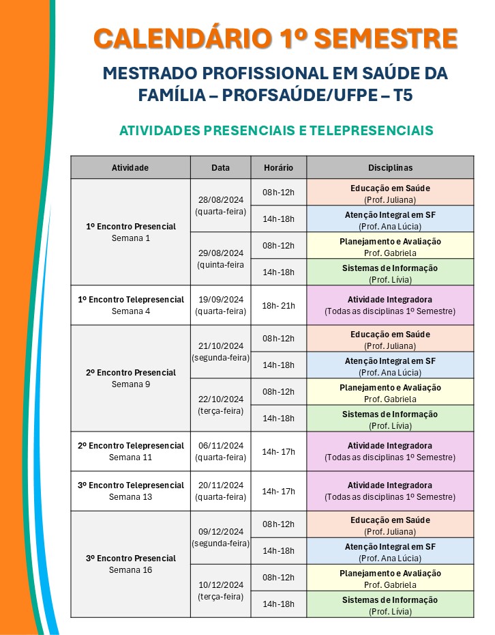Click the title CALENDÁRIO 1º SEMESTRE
(x=275, y=38)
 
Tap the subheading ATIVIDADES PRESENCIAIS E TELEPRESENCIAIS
(x=276, y=130)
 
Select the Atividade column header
(x=130, y=167)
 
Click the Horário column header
(x=278, y=167)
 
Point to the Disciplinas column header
(x=390, y=167)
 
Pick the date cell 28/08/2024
(x=221, y=206)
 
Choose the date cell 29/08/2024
(x=221, y=258)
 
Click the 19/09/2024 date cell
(x=221, y=305)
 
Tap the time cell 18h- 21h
(x=278, y=305)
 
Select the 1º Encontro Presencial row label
(x=131, y=232)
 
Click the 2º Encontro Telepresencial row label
(x=131, y=451)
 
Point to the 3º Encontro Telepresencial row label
(x=131, y=491)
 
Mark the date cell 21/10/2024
(x=221, y=352)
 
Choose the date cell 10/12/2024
(x=221, y=591)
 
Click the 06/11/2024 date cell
(x=221, y=451)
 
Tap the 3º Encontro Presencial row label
(x=131, y=564)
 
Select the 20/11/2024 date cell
(x=221, y=491)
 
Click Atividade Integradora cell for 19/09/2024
(x=390, y=305)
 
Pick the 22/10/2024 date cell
(x=221, y=405)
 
